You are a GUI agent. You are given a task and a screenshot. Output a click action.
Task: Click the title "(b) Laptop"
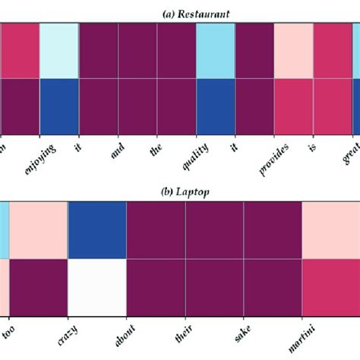(x=179, y=192)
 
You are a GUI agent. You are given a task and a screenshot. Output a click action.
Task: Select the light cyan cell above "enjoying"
(x=58, y=51)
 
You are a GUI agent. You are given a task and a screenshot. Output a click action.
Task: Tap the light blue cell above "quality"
(x=215, y=51)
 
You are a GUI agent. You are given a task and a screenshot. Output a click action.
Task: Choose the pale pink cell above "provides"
(x=293, y=51)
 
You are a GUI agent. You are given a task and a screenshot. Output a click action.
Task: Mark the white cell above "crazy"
(x=97, y=286)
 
